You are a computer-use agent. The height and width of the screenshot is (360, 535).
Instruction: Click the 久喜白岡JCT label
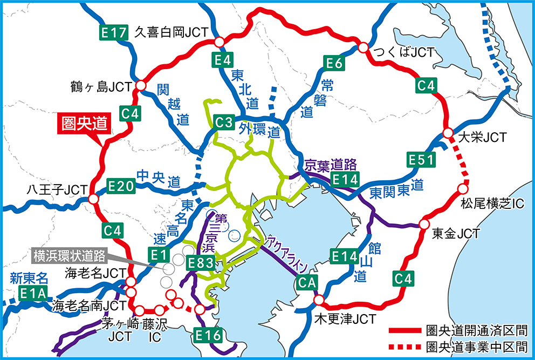tap(171, 32)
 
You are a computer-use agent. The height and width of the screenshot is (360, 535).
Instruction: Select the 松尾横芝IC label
tap(492, 204)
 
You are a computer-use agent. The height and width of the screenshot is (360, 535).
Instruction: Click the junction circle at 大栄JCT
tap(448, 133)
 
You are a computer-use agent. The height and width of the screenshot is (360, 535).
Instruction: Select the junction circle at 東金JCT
tap(424, 224)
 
